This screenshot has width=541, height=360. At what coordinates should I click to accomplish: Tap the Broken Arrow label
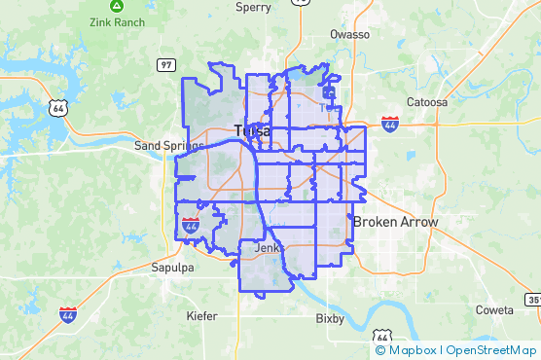(395, 222)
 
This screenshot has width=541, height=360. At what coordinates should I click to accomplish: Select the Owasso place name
(350, 34)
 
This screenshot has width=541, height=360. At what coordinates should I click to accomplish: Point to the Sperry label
(254, 7)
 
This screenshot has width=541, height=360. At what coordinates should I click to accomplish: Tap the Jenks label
(267, 248)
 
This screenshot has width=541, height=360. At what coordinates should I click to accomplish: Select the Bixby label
(331, 318)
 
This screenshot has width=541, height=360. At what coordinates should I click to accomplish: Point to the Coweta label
(494, 309)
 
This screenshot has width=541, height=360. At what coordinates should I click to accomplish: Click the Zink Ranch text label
(117, 21)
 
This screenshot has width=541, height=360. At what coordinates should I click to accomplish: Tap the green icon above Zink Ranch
(117, 6)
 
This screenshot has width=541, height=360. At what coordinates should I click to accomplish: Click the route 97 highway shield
(165, 64)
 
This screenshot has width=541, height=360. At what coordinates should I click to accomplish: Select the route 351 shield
(534, 300)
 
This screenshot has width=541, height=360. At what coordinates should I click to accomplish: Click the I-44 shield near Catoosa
(390, 124)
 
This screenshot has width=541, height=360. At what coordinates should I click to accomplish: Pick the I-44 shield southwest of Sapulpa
(68, 314)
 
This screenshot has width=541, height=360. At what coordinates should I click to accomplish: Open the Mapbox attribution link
(408, 350)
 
